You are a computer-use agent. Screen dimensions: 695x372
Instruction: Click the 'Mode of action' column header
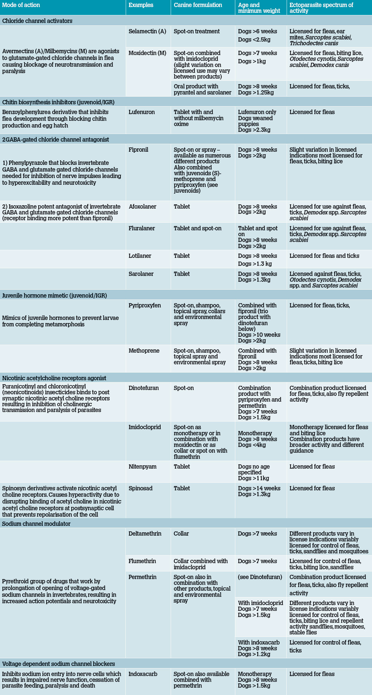21,5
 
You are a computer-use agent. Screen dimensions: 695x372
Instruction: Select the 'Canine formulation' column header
198,5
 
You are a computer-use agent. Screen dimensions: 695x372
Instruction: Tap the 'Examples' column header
141,5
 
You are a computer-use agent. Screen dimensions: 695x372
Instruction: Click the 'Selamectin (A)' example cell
147,31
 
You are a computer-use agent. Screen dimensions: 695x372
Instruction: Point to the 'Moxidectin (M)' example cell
147,53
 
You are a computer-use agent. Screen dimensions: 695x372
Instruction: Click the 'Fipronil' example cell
138,150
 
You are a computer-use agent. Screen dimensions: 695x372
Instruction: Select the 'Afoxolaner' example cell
142,206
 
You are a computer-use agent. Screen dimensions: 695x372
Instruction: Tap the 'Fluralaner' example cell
142,228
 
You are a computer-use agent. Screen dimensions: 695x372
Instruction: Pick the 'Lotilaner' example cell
140,256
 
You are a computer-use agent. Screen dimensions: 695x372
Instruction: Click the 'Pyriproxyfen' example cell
145,305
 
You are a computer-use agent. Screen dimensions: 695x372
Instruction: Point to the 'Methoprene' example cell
144,351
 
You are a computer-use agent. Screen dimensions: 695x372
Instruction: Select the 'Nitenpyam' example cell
142,466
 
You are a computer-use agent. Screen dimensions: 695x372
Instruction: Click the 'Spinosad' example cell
140,488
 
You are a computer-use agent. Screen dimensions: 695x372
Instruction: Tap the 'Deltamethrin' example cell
145,533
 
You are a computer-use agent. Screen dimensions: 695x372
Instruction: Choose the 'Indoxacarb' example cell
143,674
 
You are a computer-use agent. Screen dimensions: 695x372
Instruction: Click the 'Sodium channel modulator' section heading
36,524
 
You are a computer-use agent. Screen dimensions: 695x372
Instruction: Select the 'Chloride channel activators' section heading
37,21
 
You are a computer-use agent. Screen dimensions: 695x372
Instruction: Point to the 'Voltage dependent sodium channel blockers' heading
58,664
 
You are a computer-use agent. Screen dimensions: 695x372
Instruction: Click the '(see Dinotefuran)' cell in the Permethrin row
260,577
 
